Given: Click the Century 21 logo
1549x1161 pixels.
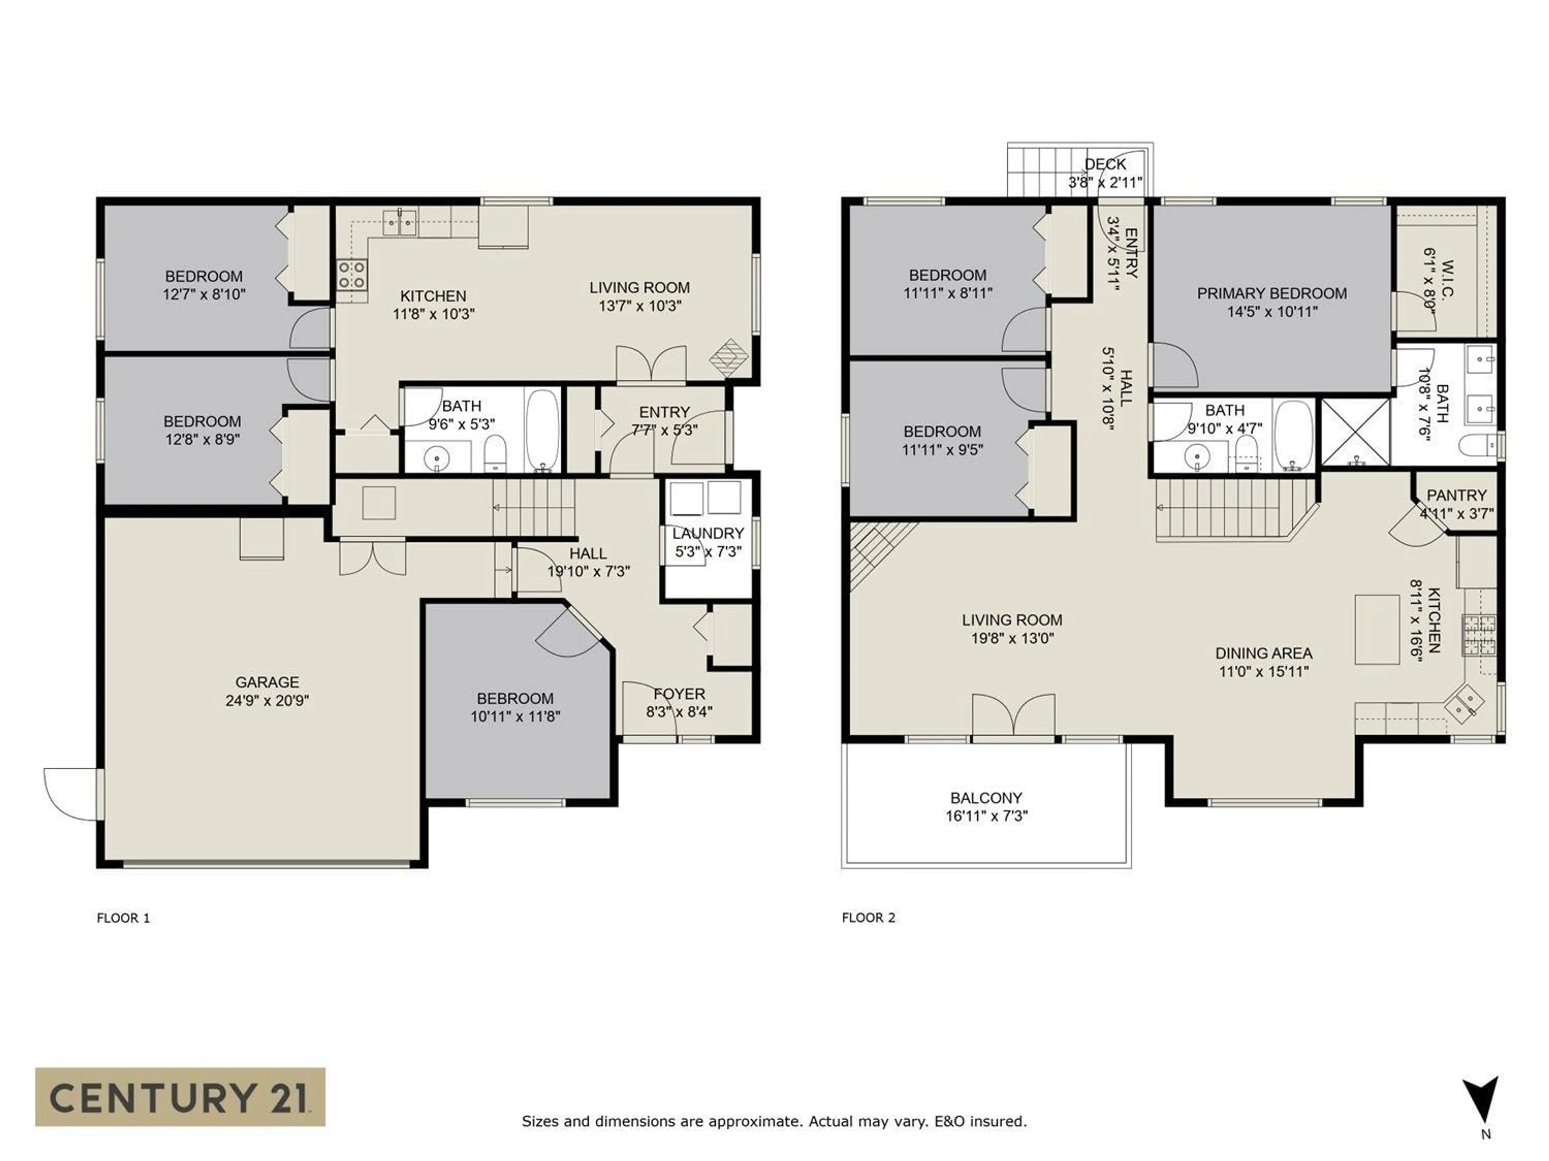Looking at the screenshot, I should (x=180, y=1096).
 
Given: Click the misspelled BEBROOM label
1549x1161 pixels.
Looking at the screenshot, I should (x=515, y=699).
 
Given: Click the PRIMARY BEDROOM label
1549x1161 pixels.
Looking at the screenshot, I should (x=1272, y=293).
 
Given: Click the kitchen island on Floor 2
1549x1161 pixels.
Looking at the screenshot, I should (x=1377, y=630).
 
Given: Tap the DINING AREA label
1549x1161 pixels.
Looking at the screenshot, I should (x=1263, y=653).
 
